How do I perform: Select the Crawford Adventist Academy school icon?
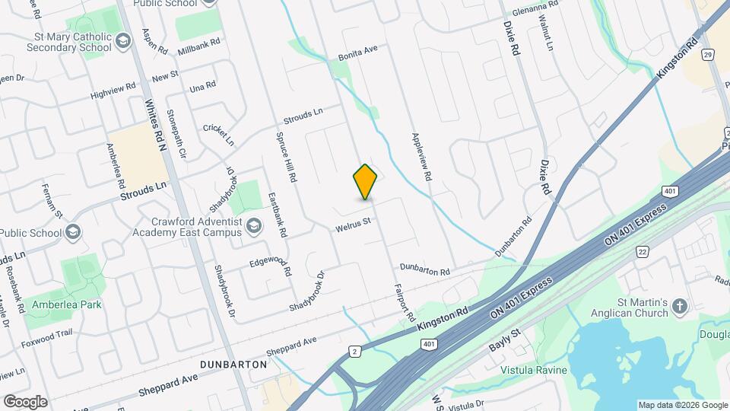pos(254,224)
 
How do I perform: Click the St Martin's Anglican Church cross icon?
pos(680,307)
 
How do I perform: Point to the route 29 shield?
pos(708,56)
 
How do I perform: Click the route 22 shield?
pos(643,252)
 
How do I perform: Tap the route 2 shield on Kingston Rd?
pos(354,351)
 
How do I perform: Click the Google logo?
pos(25,401)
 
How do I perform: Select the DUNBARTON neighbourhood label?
pos(233,365)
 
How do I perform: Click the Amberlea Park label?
pos(67,304)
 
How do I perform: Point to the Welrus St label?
pos(353,224)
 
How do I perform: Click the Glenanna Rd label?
pos(535,4)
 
